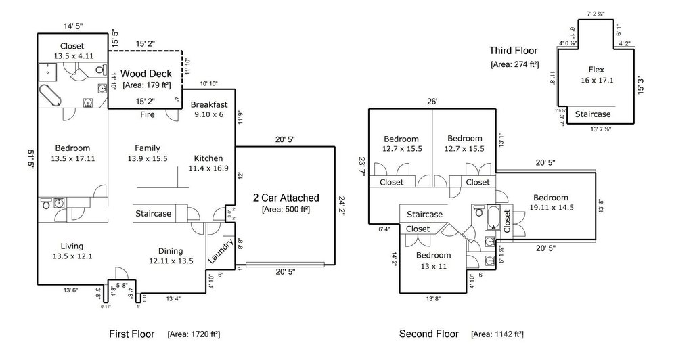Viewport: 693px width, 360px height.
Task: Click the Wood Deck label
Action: point(146,73)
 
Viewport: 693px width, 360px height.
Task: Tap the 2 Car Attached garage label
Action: point(286,198)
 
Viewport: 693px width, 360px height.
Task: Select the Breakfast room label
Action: point(208,105)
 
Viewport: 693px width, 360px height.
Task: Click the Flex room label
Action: point(596,70)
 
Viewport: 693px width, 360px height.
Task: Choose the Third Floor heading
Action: point(513,51)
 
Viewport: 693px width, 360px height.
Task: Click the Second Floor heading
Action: point(428,334)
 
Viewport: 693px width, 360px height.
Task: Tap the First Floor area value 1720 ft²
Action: point(194,334)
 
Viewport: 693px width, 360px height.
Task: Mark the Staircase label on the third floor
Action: point(593,114)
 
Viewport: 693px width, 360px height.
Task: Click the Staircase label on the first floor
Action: point(153,214)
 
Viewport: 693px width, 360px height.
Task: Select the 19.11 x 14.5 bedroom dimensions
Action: point(552,208)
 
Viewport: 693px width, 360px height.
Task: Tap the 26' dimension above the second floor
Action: point(432,102)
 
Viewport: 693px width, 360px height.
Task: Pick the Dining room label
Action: point(171,251)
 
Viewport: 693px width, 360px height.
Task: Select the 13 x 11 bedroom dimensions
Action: point(433,266)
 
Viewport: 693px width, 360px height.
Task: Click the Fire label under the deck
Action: point(148,115)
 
